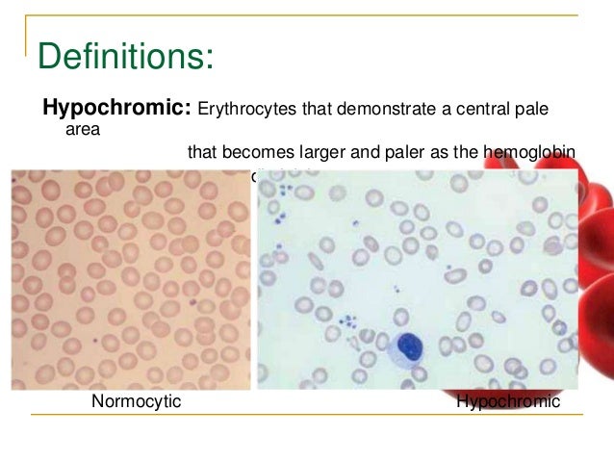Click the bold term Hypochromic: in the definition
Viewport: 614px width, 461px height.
coord(115,108)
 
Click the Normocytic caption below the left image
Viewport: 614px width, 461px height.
coord(136,401)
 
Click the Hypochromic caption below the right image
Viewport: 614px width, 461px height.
coord(507,401)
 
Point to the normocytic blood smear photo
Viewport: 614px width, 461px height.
coord(130,279)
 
